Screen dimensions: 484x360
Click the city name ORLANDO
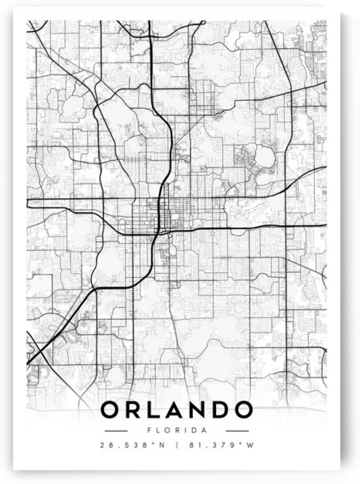coord(176,410)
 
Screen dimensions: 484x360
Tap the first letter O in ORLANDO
coord(111,410)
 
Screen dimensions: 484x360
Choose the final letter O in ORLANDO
coord(242,410)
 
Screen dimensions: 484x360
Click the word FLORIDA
coord(176,430)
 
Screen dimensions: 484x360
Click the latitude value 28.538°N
coord(134,446)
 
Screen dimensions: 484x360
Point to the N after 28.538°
coord(162,446)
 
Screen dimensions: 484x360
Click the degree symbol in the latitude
coord(155,444)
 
